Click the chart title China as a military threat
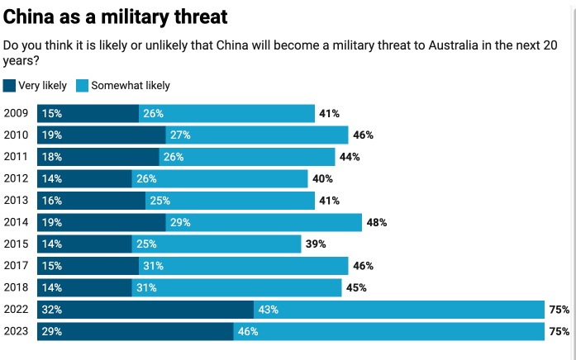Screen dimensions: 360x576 (x=116, y=16)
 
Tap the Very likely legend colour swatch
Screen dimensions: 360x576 (x=9, y=85)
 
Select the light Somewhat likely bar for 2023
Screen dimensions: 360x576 (x=388, y=331)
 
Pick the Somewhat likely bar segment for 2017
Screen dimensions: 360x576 (x=243, y=266)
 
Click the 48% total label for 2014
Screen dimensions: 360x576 (x=377, y=222)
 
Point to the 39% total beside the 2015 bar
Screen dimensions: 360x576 (x=316, y=244)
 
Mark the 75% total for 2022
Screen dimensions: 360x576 (x=559, y=310)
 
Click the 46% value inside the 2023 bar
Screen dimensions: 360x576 (x=248, y=331)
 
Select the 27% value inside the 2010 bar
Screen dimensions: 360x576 (x=179, y=135)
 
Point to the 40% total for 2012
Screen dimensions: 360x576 (x=322, y=178)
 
